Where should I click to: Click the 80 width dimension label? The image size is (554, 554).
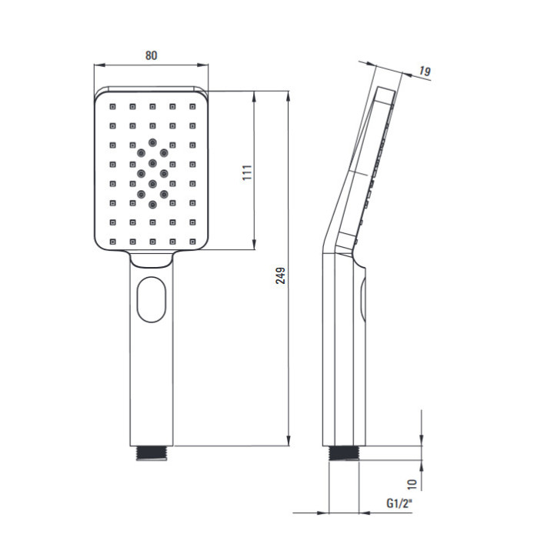(x=152, y=55)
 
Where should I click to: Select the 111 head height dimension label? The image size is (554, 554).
(x=247, y=172)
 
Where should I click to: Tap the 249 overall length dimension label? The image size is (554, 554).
(x=281, y=275)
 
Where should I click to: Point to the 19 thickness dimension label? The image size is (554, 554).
(x=425, y=71)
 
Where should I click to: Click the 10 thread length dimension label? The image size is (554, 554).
(x=412, y=484)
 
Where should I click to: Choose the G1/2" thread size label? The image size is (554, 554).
(x=399, y=502)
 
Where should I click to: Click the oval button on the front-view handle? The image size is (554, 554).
(x=152, y=299)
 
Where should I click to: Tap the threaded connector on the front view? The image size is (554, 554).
(x=152, y=453)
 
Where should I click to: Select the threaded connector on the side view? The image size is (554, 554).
(x=343, y=453)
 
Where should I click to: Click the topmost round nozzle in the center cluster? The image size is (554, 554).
(x=152, y=142)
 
